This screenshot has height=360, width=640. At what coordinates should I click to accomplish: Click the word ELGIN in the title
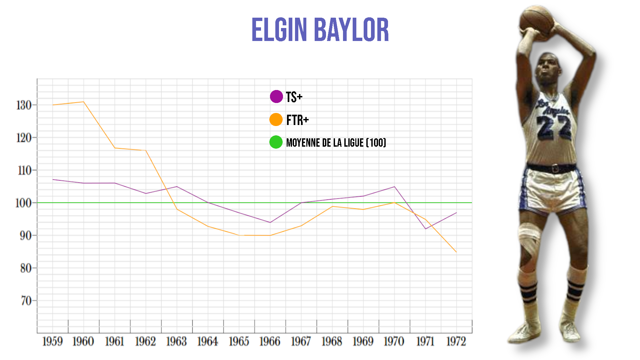click(x=279, y=30)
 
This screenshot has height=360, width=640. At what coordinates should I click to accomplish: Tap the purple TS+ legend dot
click(x=276, y=97)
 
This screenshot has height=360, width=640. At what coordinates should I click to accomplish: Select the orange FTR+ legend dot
click(x=276, y=120)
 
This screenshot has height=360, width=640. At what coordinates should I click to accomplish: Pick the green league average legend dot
click(x=276, y=142)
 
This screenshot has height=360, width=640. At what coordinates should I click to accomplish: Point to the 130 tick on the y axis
click(x=24, y=105)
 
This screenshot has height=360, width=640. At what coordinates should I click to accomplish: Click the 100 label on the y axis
click(x=23, y=203)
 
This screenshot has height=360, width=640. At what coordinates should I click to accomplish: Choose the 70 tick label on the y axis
click(x=26, y=301)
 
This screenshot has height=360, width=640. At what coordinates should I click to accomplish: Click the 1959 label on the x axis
click(x=52, y=342)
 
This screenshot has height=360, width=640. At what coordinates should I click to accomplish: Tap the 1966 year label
click(x=270, y=342)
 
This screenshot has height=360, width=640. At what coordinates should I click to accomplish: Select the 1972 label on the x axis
click(x=456, y=342)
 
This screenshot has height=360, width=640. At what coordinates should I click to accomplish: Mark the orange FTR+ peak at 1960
click(x=83, y=102)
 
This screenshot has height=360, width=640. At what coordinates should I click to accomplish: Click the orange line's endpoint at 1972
click(x=456, y=252)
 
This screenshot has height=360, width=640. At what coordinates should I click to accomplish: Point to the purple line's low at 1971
click(x=425, y=229)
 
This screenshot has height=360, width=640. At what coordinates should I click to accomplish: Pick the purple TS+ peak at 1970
click(x=394, y=187)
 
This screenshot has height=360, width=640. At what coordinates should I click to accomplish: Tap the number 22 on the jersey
click(x=554, y=128)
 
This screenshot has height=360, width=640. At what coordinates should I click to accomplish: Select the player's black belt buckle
click(x=555, y=169)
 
